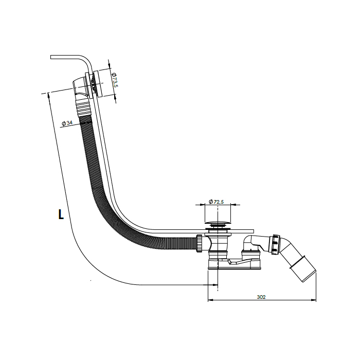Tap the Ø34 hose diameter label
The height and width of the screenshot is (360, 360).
click(66, 123)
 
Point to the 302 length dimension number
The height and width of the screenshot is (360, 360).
click(261, 297)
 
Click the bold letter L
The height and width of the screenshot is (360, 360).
click(61, 215)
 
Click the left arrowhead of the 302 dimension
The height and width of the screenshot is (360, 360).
click(208, 300)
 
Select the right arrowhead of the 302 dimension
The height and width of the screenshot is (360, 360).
click(315, 300)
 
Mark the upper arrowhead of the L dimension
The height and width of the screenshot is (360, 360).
click(48, 94)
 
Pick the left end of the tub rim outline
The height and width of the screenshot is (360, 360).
click(51, 57)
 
